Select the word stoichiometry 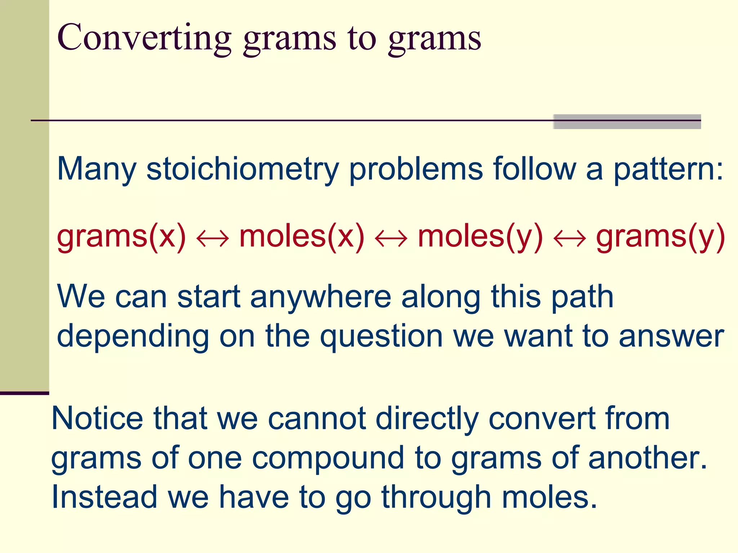click(243, 169)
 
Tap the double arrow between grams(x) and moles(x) click(213, 238)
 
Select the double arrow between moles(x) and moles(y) click(391, 238)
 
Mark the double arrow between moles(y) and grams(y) click(570, 238)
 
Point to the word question click(382, 336)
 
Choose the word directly click(427, 418)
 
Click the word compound click(328, 458)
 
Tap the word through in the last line click(436, 498)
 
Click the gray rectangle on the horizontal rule click(627, 122)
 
